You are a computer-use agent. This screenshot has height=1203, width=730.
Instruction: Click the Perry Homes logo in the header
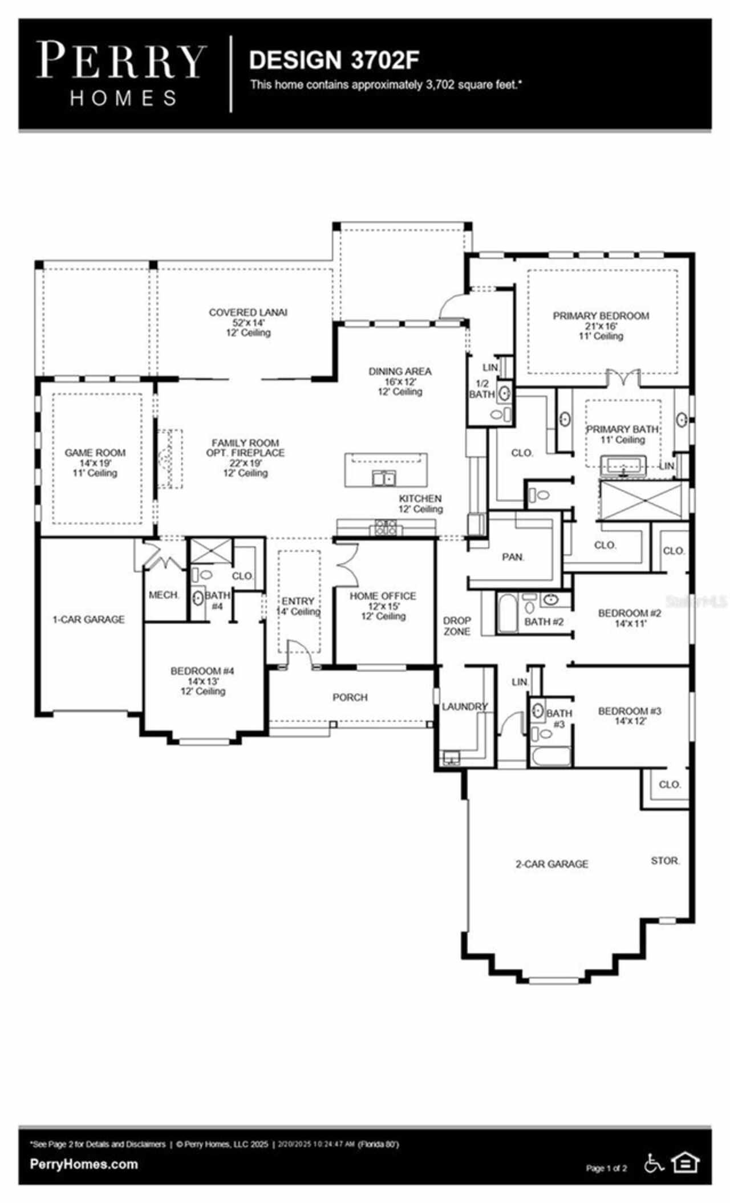[x=121, y=74]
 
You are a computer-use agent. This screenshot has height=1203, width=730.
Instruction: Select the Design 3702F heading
[x=334, y=60]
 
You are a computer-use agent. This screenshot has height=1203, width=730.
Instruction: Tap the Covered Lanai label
[x=248, y=312]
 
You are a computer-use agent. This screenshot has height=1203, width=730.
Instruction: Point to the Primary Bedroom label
[x=601, y=316]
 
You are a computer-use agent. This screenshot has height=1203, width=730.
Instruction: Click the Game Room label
[x=95, y=453]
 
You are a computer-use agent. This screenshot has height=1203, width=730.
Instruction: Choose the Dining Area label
[x=400, y=372]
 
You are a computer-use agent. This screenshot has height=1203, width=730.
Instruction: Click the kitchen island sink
[x=383, y=478]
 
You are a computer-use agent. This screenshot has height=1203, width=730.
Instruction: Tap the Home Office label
[x=383, y=596]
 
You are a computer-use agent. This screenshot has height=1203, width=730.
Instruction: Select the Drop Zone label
[x=457, y=625]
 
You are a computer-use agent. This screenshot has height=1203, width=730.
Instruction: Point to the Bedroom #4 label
[x=202, y=671]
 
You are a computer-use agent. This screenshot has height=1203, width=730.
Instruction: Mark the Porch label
[x=350, y=697]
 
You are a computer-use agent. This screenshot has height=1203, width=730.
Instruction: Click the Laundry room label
[x=465, y=707]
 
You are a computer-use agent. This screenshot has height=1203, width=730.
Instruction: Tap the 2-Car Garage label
[x=552, y=864]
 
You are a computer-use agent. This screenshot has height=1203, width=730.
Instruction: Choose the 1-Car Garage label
[x=88, y=619]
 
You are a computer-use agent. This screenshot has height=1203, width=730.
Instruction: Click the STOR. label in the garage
[x=665, y=860]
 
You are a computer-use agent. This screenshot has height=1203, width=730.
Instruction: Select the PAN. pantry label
[x=513, y=557]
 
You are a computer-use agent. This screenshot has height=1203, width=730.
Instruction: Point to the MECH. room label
[x=164, y=595]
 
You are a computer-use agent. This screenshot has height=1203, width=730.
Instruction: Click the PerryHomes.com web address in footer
[x=83, y=1164]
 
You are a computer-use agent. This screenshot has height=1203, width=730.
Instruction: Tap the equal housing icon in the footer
[x=686, y=1162]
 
